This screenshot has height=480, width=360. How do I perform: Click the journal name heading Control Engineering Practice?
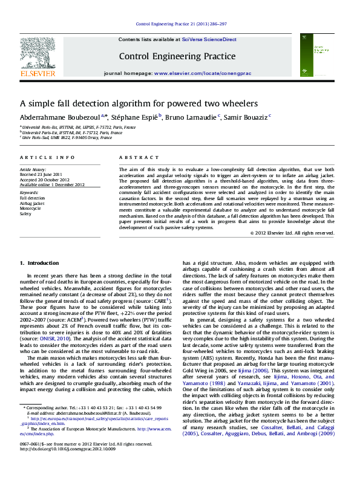coord(177,56)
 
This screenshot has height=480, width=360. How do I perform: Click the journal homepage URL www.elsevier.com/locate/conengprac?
coord(203,73)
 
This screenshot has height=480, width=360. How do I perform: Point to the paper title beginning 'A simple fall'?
coord(139,103)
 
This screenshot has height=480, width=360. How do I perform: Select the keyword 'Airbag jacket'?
coord(32,204)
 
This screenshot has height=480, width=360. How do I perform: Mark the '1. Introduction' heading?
coord(39,263)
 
